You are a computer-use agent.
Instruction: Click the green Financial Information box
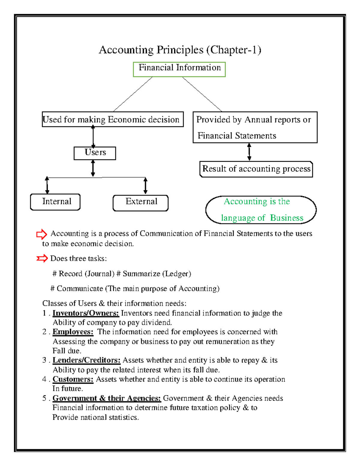click(179, 69)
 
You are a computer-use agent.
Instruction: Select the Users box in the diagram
click(95, 153)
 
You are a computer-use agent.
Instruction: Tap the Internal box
click(55, 202)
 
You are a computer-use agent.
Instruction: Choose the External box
click(141, 203)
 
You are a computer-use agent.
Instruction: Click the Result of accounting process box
click(256, 169)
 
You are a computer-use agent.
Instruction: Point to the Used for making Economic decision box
click(112, 119)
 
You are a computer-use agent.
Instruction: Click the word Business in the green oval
click(286, 218)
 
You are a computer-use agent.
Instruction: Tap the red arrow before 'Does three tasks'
click(42, 258)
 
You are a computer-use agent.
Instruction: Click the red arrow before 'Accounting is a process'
click(41, 234)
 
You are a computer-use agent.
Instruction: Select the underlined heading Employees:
click(73, 332)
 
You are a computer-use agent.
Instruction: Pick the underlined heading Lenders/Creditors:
click(86, 360)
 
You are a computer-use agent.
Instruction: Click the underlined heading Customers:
click(73, 379)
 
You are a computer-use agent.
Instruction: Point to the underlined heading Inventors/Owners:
click(86, 313)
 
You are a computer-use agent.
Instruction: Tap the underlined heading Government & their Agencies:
click(107, 398)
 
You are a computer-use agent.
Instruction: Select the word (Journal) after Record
click(100, 274)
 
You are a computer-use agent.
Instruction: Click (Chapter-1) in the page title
click(234, 50)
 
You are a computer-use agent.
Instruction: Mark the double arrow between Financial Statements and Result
click(249, 152)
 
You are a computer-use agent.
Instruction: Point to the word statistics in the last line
click(124, 417)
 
